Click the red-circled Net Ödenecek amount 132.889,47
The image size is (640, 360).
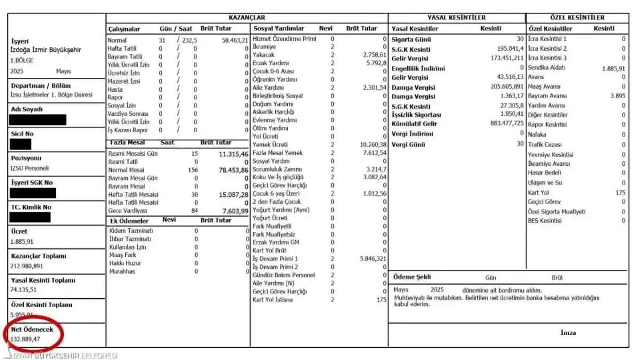click(26, 339)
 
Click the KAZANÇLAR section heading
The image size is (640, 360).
click(246, 18)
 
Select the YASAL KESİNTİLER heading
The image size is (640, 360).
click(457, 18)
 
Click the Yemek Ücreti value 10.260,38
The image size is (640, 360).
click(373, 145)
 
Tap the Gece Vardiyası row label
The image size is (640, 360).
click(127, 211)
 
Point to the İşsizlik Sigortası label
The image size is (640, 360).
click(417, 115)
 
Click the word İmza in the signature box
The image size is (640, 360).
click(568, 333)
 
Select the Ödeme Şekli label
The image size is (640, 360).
click(412, 277)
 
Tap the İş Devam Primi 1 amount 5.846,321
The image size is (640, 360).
click(373, 259)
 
